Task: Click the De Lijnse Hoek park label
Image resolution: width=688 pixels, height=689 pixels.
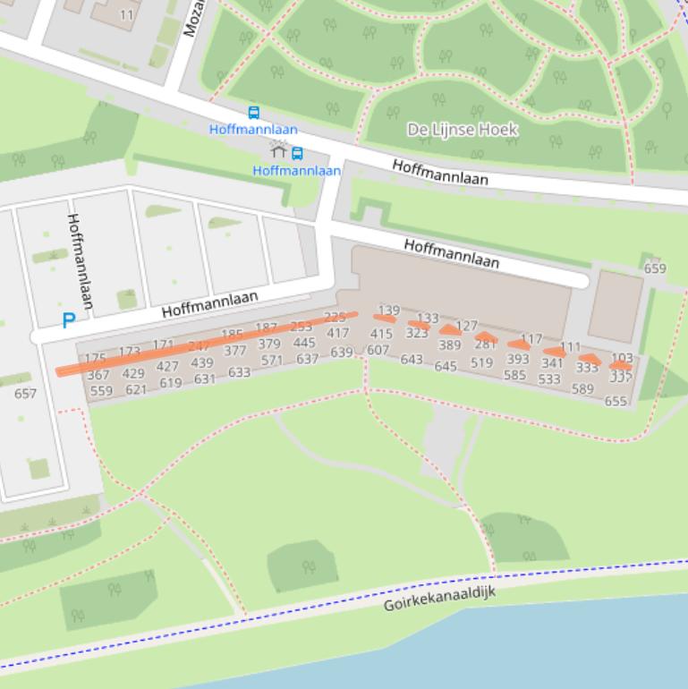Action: click(x=462, y=130)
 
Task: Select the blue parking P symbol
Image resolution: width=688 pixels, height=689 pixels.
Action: click(x=68, y=320)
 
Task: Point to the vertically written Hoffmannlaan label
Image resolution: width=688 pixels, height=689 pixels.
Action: click(x=80, y=260)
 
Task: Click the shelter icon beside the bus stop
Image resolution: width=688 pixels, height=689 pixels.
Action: click(x=278, y=151)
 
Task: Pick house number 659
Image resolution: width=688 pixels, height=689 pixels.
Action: click(x=655, y=268)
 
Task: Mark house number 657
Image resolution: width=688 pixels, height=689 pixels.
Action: click(x=26, y=393)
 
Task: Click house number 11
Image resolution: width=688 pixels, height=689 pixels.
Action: click(x=126, y=15)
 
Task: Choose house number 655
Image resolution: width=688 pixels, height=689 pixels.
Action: click(x=616, y=402)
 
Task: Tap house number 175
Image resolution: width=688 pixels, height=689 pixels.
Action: click(x=95, y=358)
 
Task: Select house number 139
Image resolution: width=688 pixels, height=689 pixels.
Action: click(x=389, y=310)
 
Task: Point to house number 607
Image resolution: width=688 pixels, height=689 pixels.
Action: click(x=378, y=350)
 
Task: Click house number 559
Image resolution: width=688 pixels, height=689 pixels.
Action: click(x=101, y=391)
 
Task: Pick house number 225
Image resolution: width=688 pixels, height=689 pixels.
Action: click(x=335, y=317)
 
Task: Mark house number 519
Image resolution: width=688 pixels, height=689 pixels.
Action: click(x=481, y=362)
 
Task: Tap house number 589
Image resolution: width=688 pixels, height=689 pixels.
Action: click(x=582, y=388)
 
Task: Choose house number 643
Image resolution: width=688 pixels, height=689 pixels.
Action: click(x=412, y=359)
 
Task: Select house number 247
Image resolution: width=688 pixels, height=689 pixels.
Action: click(x=199, y=345)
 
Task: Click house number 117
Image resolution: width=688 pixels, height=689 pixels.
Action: click(x=531, y=339)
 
